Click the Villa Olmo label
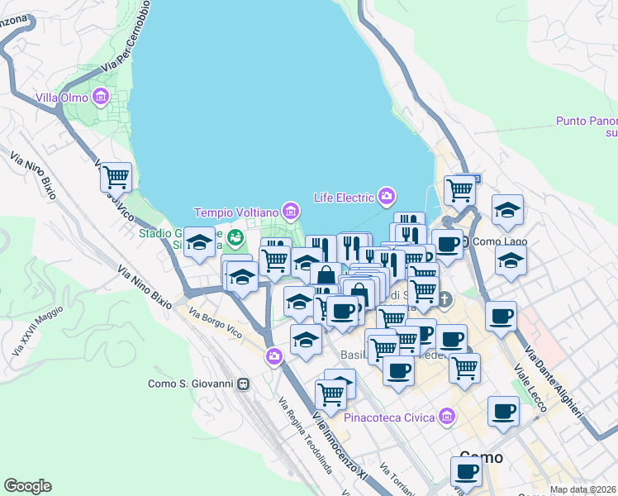(x=61, y=98)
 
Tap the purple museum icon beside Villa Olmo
(x=101, y=98)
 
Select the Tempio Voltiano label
(x=236, y=212)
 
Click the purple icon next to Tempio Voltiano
(x=289, y=212)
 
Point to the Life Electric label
(x=344, y=197)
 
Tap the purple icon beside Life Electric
(x=386, y=196)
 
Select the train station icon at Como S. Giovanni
(x=244, y=384)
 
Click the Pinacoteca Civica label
(x=390, y=417)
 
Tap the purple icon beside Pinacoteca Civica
(x=448, y=417)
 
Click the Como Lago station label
(x=497, y=241)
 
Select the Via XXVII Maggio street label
(x=26, y=331)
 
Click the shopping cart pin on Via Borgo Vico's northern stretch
(x=116, y=175)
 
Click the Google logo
(x=27, y=486)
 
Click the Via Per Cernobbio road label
(x=126, y=36)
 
